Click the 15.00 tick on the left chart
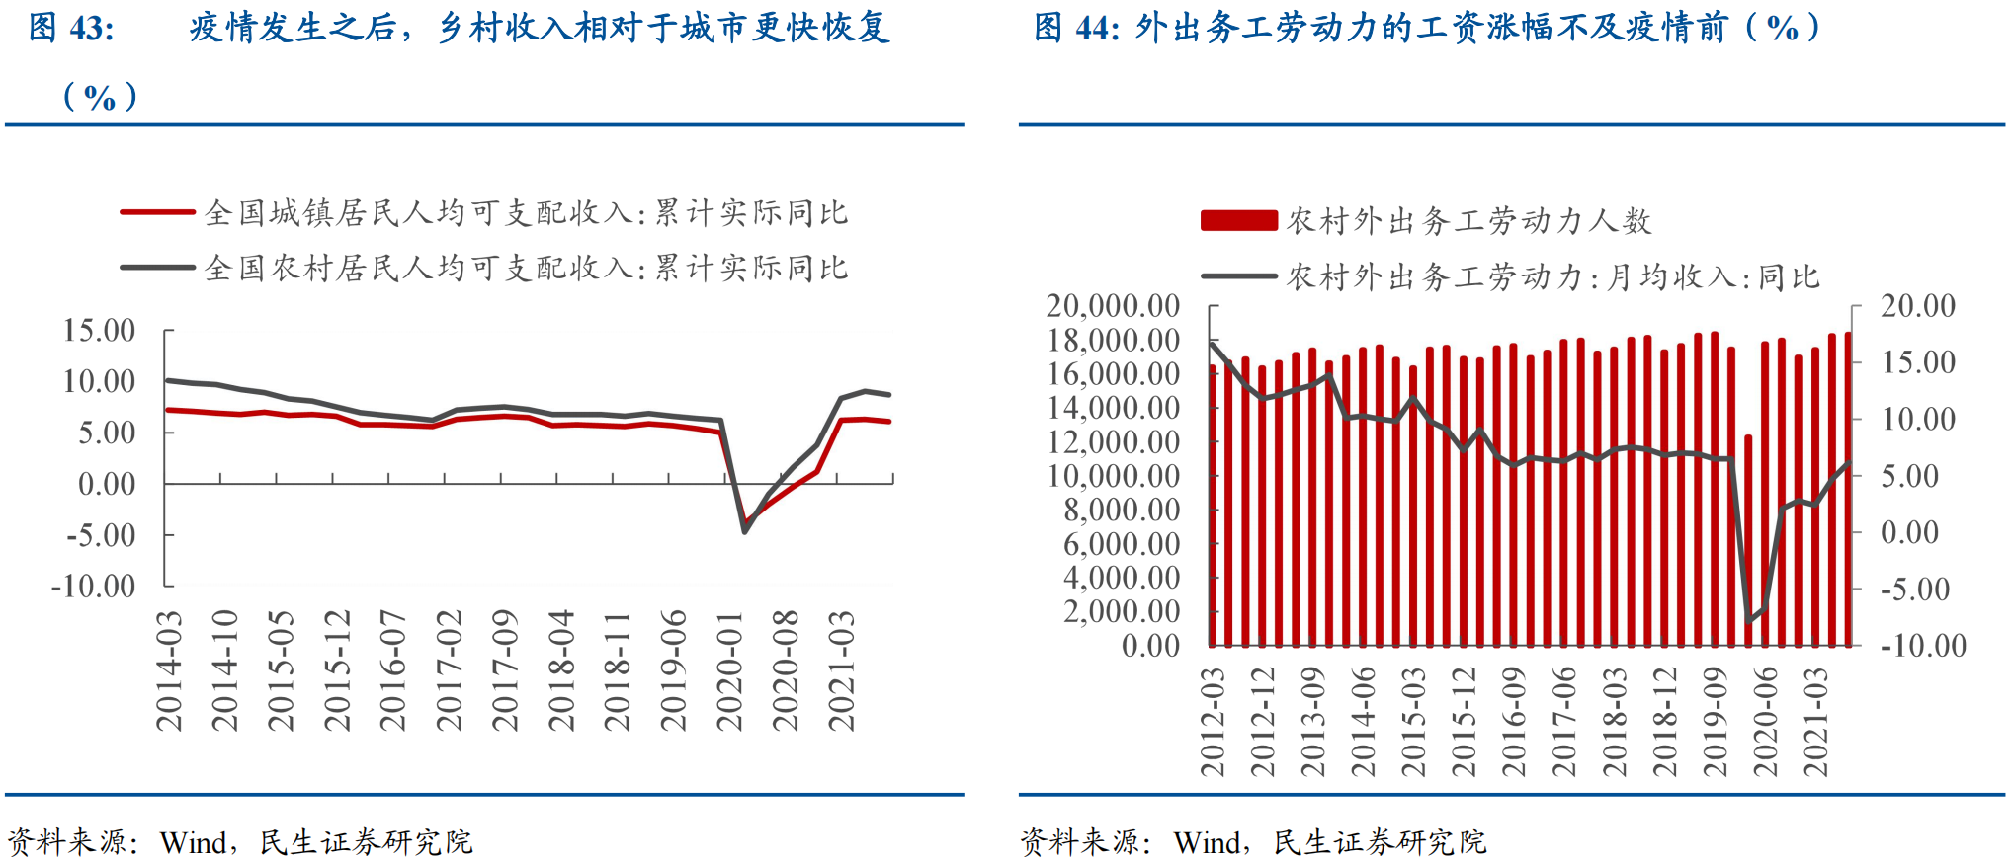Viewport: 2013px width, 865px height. click(x=99, y=331)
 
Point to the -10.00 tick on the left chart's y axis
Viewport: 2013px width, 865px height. click(x=94, y=587)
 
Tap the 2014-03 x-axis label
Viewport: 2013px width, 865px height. click(x=169, y=671)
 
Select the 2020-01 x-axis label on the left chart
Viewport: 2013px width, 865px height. click(x=729, y=671)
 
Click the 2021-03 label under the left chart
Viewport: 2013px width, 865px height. click(x=841, y=671)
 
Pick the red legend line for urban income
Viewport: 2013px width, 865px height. click(x=157, y=212)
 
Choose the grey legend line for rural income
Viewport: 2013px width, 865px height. click(x=157, y=268)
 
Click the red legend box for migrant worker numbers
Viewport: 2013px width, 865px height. click(x=1238, y=220)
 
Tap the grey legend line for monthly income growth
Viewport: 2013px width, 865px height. click(x=1238, y=276)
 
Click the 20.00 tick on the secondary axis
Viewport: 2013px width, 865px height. click(x=1917, y=306)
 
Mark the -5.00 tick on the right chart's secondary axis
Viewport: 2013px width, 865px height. click(x=1914, y=590)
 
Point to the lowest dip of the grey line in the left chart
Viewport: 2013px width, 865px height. click(x=744, y=531)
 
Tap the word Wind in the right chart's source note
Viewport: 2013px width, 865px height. click(x=1207, y=842)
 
